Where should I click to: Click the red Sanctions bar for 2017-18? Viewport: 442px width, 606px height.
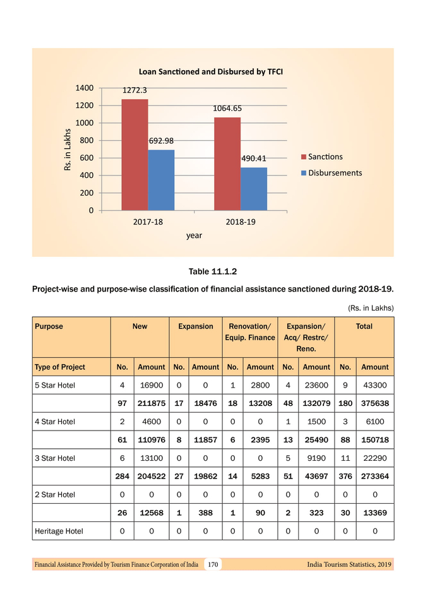(134, 155)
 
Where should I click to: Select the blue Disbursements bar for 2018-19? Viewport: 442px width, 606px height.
(253, 189)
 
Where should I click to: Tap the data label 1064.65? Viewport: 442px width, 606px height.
(227, 108)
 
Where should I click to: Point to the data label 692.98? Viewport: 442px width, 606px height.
(161, 140)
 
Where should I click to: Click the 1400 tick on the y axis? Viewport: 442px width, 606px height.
(85, 87)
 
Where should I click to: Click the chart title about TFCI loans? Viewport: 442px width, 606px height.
(210, 71)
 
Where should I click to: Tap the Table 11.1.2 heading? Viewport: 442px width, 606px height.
(212, 271)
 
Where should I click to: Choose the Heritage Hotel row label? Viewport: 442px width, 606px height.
(59, 531)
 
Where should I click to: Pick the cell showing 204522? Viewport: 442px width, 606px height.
(152, 477)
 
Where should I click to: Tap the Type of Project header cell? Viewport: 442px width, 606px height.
(60, 367)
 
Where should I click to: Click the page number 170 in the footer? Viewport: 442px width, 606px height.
(213, 564)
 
